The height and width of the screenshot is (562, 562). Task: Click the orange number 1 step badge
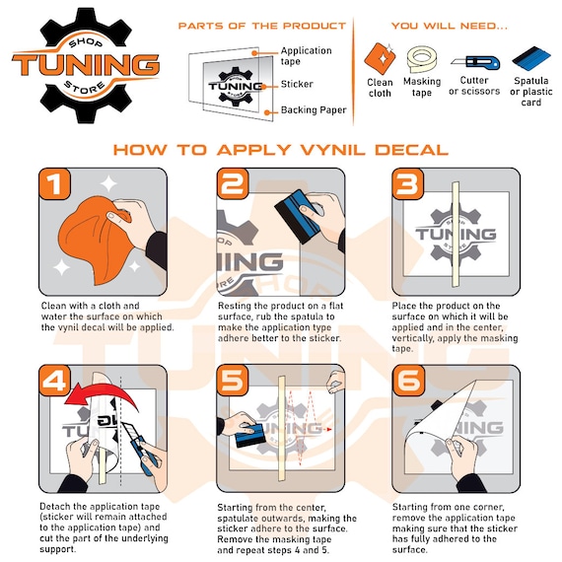(54, 183)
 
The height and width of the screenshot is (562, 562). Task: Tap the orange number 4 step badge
(54, 381)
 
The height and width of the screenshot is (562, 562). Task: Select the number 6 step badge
(408, 381)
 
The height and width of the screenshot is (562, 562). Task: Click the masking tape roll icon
(422, 59)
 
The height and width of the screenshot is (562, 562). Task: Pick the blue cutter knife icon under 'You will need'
(475, 62)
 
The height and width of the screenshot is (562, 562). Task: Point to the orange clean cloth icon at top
(381, 58)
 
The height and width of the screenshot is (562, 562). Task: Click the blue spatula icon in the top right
(531, 59)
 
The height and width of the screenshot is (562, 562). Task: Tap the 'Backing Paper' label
(314, 109)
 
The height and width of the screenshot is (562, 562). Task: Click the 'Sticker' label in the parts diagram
(297, 84)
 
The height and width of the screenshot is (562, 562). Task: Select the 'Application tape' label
(306, 56)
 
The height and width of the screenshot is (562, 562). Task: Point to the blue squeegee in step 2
(297, 216)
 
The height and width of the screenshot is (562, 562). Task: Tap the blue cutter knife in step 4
(140, 448)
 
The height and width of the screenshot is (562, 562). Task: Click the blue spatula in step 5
(250, 435)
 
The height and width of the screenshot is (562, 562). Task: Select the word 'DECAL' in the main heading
(411, 150)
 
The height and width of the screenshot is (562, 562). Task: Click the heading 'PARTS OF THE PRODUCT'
(262, 26)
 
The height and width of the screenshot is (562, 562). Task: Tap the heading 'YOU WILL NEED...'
(450, 26)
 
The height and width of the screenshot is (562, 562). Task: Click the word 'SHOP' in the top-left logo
(86, 42)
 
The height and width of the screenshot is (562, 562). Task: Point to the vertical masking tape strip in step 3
(456, 234)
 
